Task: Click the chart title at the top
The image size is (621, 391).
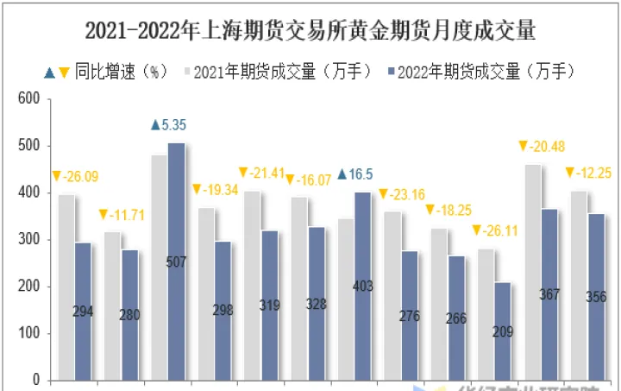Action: [310, 32]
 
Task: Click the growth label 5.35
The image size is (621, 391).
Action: [168, 125]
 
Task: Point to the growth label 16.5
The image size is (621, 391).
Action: [355, 174]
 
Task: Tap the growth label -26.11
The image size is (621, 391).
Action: [493, 230]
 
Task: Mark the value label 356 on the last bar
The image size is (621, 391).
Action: [595, 297]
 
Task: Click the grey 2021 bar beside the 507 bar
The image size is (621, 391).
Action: [159, 267]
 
